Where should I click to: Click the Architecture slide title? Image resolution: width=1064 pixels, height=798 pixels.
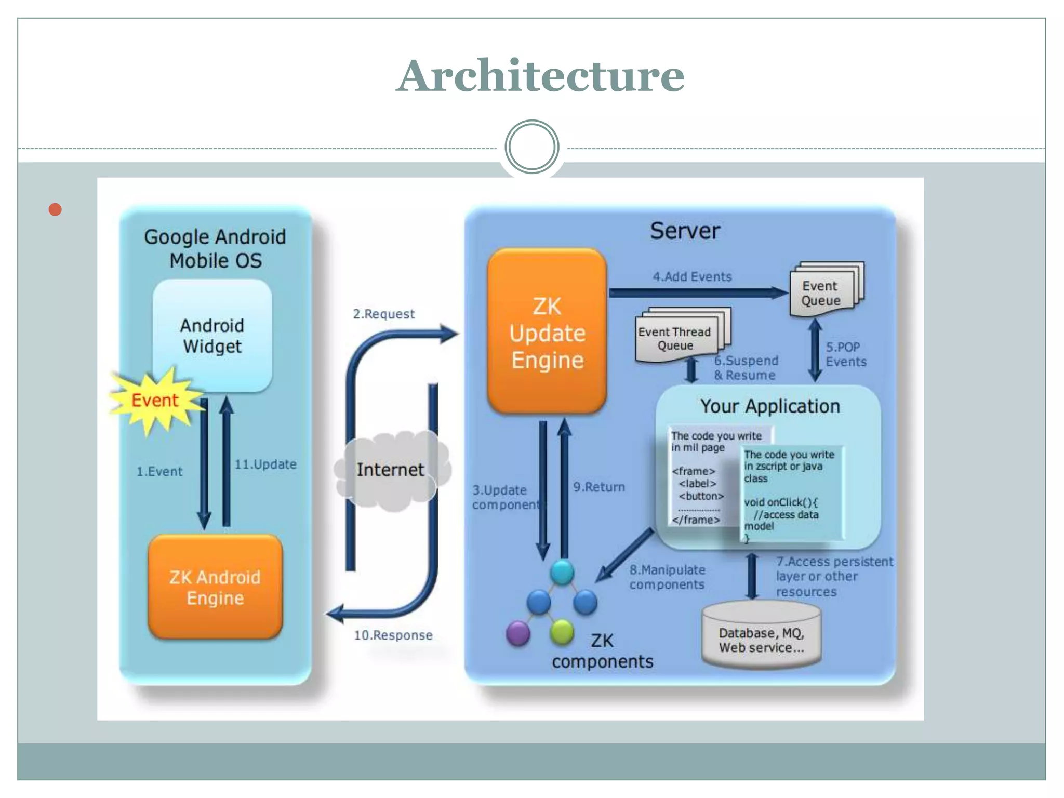pos(540,76)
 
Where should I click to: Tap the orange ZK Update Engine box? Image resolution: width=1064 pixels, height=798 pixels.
pos(547,332)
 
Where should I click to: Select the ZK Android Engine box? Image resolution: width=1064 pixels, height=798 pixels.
pos(215,587)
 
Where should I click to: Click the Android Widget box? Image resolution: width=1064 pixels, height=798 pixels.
pos(212,336)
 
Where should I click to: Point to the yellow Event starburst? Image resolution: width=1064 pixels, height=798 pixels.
pos(154,401)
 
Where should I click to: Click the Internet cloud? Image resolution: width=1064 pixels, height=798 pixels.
pos(391,470)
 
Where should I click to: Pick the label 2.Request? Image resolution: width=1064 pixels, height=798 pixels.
pos(384,314)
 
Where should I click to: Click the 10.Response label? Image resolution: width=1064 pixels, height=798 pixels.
pos(393,635)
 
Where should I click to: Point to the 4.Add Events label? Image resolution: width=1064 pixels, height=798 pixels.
pos(692,276)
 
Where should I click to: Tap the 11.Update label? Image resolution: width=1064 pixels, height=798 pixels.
pos(265,464)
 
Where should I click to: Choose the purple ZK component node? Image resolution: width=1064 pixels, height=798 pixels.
pos(518,633)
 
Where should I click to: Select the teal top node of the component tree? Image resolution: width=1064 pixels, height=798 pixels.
pos(562,573)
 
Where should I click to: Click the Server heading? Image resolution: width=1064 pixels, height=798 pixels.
pos(685,231)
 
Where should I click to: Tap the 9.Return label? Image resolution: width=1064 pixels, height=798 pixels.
pos(599,487)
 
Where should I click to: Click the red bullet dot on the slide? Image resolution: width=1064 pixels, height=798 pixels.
pos(55,209)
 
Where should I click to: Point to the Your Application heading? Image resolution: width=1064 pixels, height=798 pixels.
pos(770,406)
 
